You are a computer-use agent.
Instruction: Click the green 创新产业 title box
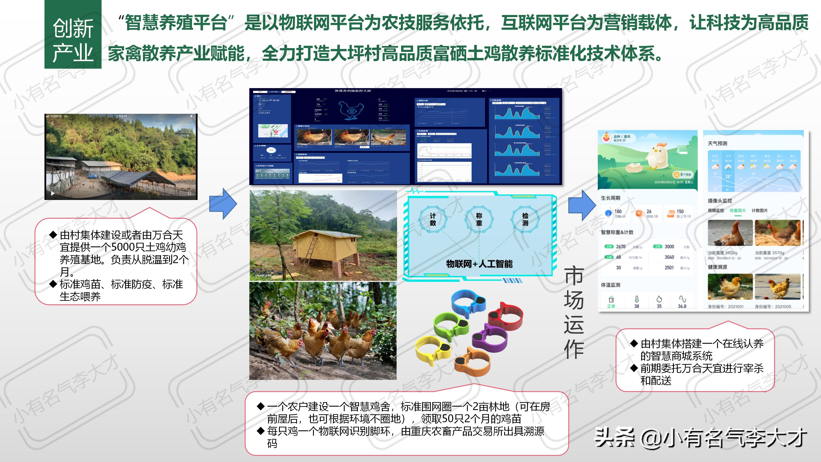point(73,34)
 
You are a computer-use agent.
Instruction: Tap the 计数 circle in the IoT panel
point(433,219)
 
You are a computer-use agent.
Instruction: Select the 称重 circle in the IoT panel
point(479,219)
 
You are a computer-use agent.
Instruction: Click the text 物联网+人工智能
point(479,264)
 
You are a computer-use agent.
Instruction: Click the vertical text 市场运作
point(573,312)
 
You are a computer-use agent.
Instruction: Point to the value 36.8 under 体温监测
point(682,306)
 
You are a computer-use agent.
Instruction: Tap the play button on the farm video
point(53,193)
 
